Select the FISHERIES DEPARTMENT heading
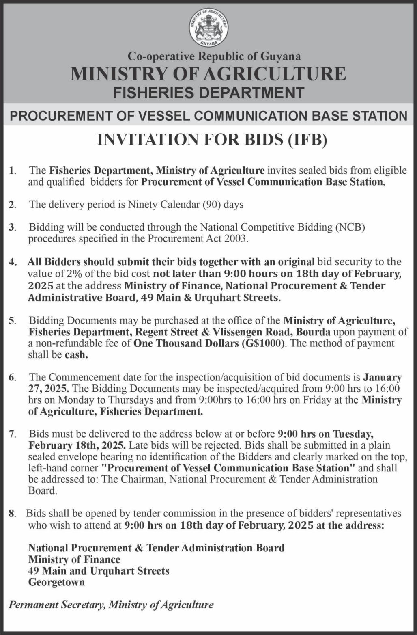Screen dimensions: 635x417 [208, 93]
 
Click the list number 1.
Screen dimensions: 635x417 [12, 171]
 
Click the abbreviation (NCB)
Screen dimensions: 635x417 [350, 227]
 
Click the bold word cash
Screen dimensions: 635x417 [76, 355]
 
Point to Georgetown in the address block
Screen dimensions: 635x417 [56, 582]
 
